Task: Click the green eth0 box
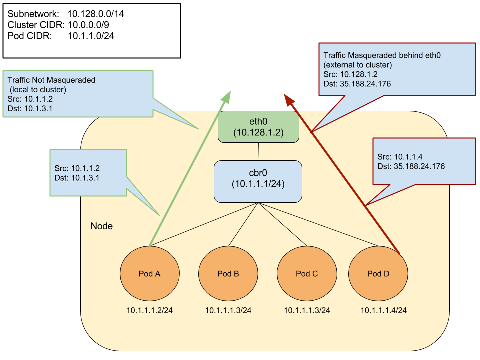[258, 127]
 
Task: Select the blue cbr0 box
[258, 181]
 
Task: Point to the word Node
[101, 226]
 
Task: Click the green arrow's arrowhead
[228, 95]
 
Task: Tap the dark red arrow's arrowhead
[288, 98]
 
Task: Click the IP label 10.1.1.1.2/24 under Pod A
[150, 311]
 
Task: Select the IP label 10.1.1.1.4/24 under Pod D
[384, 311]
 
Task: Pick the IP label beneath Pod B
[228, 311]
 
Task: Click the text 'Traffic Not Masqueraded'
[51, 80]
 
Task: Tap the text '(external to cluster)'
[357, 65]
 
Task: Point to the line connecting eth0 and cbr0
[258, 151]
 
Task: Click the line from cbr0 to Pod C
[282, 225]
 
